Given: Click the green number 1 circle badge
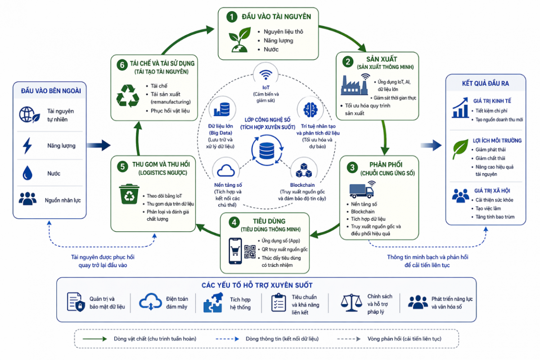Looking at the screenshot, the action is click(x=232, y=17).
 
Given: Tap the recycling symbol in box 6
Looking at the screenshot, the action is click(x=127, y=95).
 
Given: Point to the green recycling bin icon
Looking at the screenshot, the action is click(x=129, y=194).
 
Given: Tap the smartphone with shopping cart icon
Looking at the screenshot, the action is click(x=235, y=251).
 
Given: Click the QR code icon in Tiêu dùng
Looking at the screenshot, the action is click(x=250, y=252).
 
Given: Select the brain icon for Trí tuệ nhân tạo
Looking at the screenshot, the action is click(x=310, y=110).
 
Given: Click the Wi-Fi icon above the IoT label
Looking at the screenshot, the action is click(x=265, y=75).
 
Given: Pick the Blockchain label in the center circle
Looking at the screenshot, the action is click(x=302, y=185).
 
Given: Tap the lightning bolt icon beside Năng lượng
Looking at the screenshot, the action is click(x=27, y=146).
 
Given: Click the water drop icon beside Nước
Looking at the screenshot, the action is click(x=27, y=173).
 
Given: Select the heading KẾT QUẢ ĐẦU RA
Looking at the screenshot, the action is click(x=485, y=83).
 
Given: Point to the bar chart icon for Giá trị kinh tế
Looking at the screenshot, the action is click(x=460, y=108).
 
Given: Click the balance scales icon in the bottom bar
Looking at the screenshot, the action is click(x=351, y=302).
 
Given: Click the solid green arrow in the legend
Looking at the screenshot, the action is click(x=95, y=339).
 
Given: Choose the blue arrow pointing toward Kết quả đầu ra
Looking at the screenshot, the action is click(x=431, y=145).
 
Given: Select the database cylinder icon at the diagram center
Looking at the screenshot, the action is click(x=266, y=150).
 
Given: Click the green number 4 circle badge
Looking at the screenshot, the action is click(x=234, y=223).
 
